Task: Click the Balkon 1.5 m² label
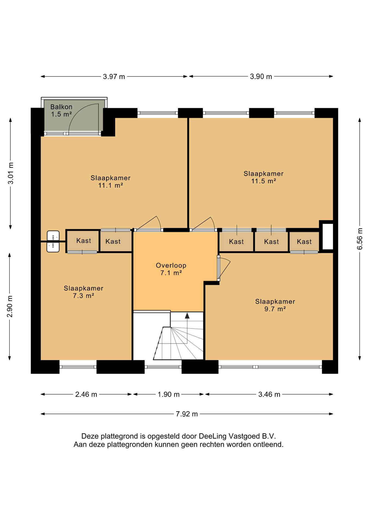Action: [61, 110]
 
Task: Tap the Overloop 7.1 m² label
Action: [171, 269]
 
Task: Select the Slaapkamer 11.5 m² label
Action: [263, 177]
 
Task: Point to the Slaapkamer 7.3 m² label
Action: [83, 292]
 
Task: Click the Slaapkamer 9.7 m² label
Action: [275, 305]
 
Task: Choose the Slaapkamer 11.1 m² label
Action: [110, 182]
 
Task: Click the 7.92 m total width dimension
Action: [187, 414]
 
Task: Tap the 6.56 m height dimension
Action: [359, 239]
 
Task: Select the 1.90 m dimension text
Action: [168, 394]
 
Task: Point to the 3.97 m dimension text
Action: [114, 76]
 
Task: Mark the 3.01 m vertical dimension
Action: [11, 173]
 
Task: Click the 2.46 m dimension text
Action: [86, 394]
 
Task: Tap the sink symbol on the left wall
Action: [53, 241]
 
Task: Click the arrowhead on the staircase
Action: [187, 315]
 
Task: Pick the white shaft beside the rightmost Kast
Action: [328, 236]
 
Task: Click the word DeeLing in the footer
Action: [212, 436]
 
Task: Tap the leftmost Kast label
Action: [84, 241]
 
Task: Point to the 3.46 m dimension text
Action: [269, 394]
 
